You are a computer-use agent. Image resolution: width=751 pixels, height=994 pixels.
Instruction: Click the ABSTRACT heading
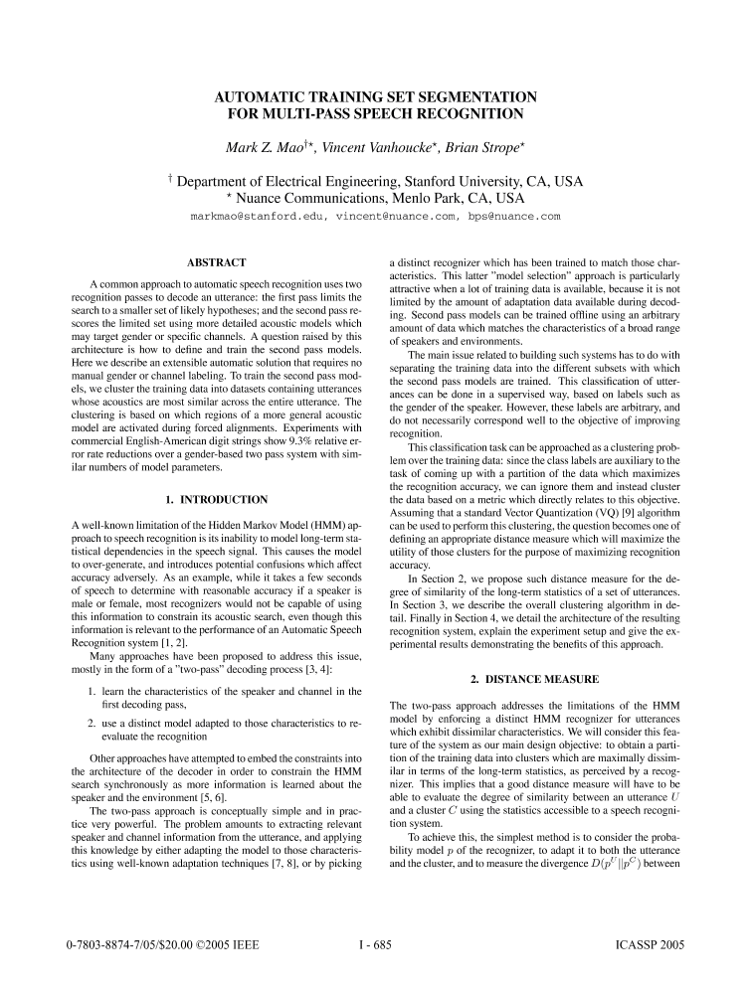217,261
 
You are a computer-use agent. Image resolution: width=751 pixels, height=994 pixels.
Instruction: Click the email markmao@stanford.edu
257,216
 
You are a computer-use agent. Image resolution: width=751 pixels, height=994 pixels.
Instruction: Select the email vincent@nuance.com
400,216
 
